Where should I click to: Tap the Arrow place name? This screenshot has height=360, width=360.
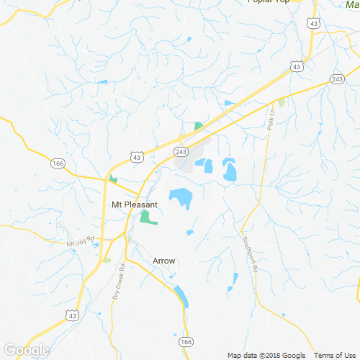click(164, 261)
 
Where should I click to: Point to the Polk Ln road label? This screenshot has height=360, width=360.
click(271, 118)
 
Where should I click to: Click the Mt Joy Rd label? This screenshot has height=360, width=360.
click(81, 243)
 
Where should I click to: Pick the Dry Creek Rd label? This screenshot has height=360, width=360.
click(119, 282)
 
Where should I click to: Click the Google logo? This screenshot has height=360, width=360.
click(27, 351)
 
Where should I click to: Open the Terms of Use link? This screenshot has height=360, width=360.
click(334, 355)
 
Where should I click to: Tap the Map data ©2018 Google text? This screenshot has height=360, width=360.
click(267, 355)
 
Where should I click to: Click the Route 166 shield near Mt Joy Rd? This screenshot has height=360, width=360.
click(58, 164)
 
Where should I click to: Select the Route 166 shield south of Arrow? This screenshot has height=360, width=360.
click(186, 341)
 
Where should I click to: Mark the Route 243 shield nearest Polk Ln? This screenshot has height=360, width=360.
click(338, 78)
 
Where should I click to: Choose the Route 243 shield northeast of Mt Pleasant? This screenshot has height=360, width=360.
click(181, 151)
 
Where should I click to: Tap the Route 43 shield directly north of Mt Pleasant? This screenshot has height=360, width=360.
click(138, 156)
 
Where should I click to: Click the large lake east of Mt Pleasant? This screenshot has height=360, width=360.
click(181, 197)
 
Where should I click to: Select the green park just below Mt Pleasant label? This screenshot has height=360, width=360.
click(148, 217)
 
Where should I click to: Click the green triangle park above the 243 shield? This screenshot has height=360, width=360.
click(198, 126)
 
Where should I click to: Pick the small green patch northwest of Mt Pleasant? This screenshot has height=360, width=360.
click(113, 179)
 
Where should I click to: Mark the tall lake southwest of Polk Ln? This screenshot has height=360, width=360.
click(230, 170)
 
